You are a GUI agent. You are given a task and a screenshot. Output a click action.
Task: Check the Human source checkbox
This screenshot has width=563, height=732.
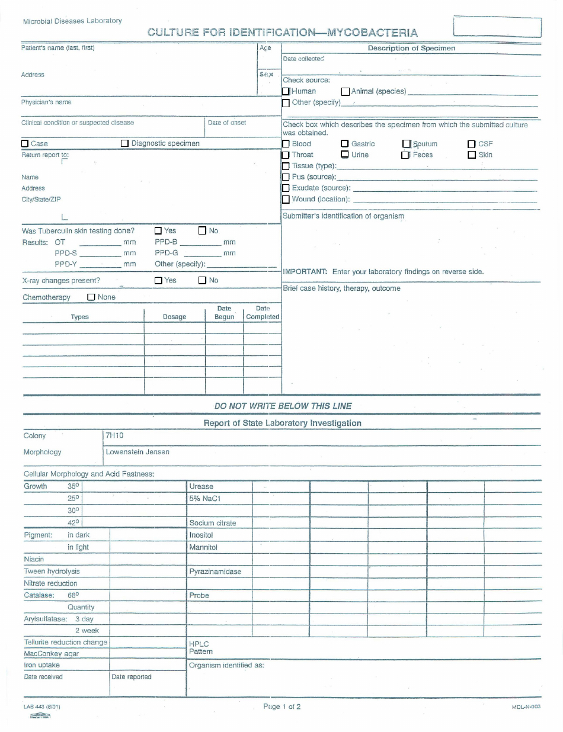[286, 91]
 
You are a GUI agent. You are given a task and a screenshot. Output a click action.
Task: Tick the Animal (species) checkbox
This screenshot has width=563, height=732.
[346, 91]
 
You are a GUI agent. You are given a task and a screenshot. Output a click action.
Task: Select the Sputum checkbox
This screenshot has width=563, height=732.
[407, 144]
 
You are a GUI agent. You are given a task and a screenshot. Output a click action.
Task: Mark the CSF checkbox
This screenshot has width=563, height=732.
[472, 144]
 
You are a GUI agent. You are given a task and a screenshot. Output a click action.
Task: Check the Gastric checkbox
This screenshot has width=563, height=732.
[345, 144]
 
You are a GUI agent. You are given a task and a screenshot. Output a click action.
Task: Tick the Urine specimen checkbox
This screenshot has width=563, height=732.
[345, 155]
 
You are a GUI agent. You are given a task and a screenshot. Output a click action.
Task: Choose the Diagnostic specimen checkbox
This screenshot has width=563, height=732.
[124, 143]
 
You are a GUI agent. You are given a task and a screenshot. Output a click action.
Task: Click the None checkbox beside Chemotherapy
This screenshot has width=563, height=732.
[91, 297]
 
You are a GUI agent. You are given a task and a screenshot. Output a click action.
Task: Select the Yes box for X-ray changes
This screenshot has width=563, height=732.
[158, 280]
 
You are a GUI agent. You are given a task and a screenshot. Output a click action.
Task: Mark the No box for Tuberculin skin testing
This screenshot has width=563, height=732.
[202, 230]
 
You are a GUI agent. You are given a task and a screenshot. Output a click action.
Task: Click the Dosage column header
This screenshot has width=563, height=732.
[174, 317]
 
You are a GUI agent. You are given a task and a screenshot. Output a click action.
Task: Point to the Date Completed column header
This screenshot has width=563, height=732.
[263, 313]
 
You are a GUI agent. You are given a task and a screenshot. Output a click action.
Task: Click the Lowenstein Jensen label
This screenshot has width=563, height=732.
[137, 452]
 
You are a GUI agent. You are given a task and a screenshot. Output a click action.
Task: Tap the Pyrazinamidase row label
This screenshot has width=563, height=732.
[215, 572]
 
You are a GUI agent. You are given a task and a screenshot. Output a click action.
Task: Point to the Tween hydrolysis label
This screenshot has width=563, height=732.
[52, 572]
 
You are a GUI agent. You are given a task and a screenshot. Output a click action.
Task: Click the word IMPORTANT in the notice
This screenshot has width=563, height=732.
[305, 272]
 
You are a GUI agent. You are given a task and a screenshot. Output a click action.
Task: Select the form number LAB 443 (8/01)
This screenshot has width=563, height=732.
[41, 707]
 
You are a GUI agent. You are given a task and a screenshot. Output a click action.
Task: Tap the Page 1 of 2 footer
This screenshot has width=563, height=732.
[282, 706]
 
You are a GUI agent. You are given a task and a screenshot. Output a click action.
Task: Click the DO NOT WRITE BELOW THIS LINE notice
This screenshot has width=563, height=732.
[283, 406]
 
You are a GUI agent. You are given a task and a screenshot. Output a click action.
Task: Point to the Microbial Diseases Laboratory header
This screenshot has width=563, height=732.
[72, 21]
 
